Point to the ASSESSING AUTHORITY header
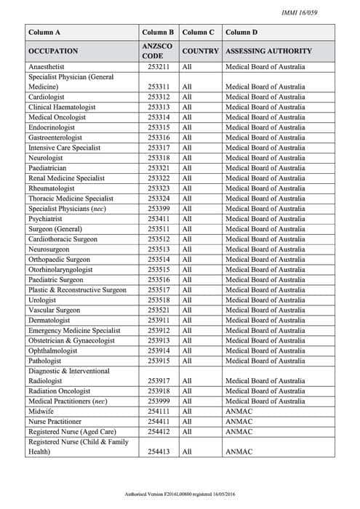click(x=268, y=52)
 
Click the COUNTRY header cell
click(x=200, y=52)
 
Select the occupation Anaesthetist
click(x=52, y=67)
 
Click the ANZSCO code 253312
click(x=158, y=97)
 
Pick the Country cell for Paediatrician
click(x=187, y=168)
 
